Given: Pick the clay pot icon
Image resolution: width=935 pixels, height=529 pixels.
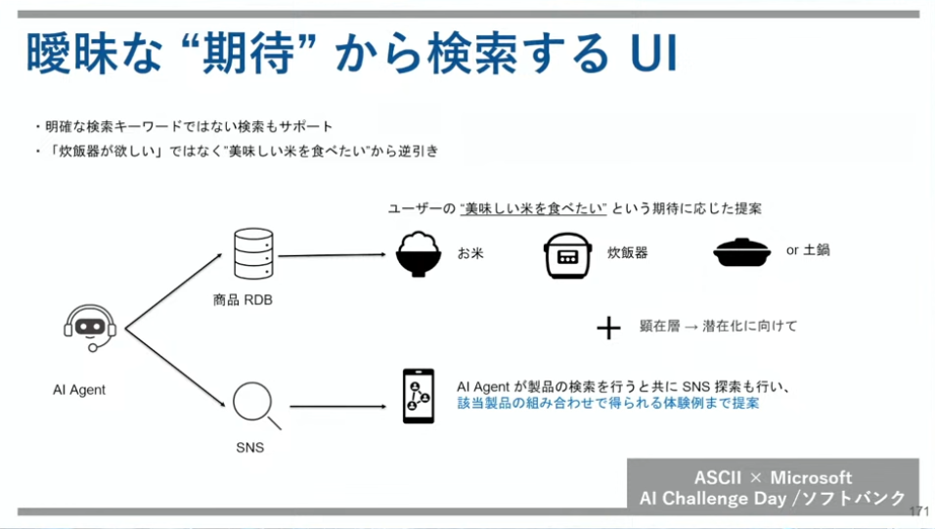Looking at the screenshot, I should pos(746,252).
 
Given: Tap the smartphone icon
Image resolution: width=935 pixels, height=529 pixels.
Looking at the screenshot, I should pos(418,395).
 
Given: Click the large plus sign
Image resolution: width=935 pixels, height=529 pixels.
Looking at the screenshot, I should pos(608,328).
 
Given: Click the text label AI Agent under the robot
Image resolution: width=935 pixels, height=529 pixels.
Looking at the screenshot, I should pos(79,389).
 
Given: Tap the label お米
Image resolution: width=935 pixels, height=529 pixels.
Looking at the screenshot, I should pos(470,252).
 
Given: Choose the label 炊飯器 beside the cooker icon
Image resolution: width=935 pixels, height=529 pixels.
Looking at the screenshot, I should pos(627,252).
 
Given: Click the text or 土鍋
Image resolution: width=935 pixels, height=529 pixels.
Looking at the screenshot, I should pos(808,250).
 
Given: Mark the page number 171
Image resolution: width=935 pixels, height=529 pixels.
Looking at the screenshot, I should pos(919,511).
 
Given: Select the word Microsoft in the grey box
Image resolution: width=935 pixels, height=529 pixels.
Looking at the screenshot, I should pos(811,477).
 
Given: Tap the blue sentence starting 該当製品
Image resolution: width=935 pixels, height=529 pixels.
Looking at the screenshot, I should pos(607,402).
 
